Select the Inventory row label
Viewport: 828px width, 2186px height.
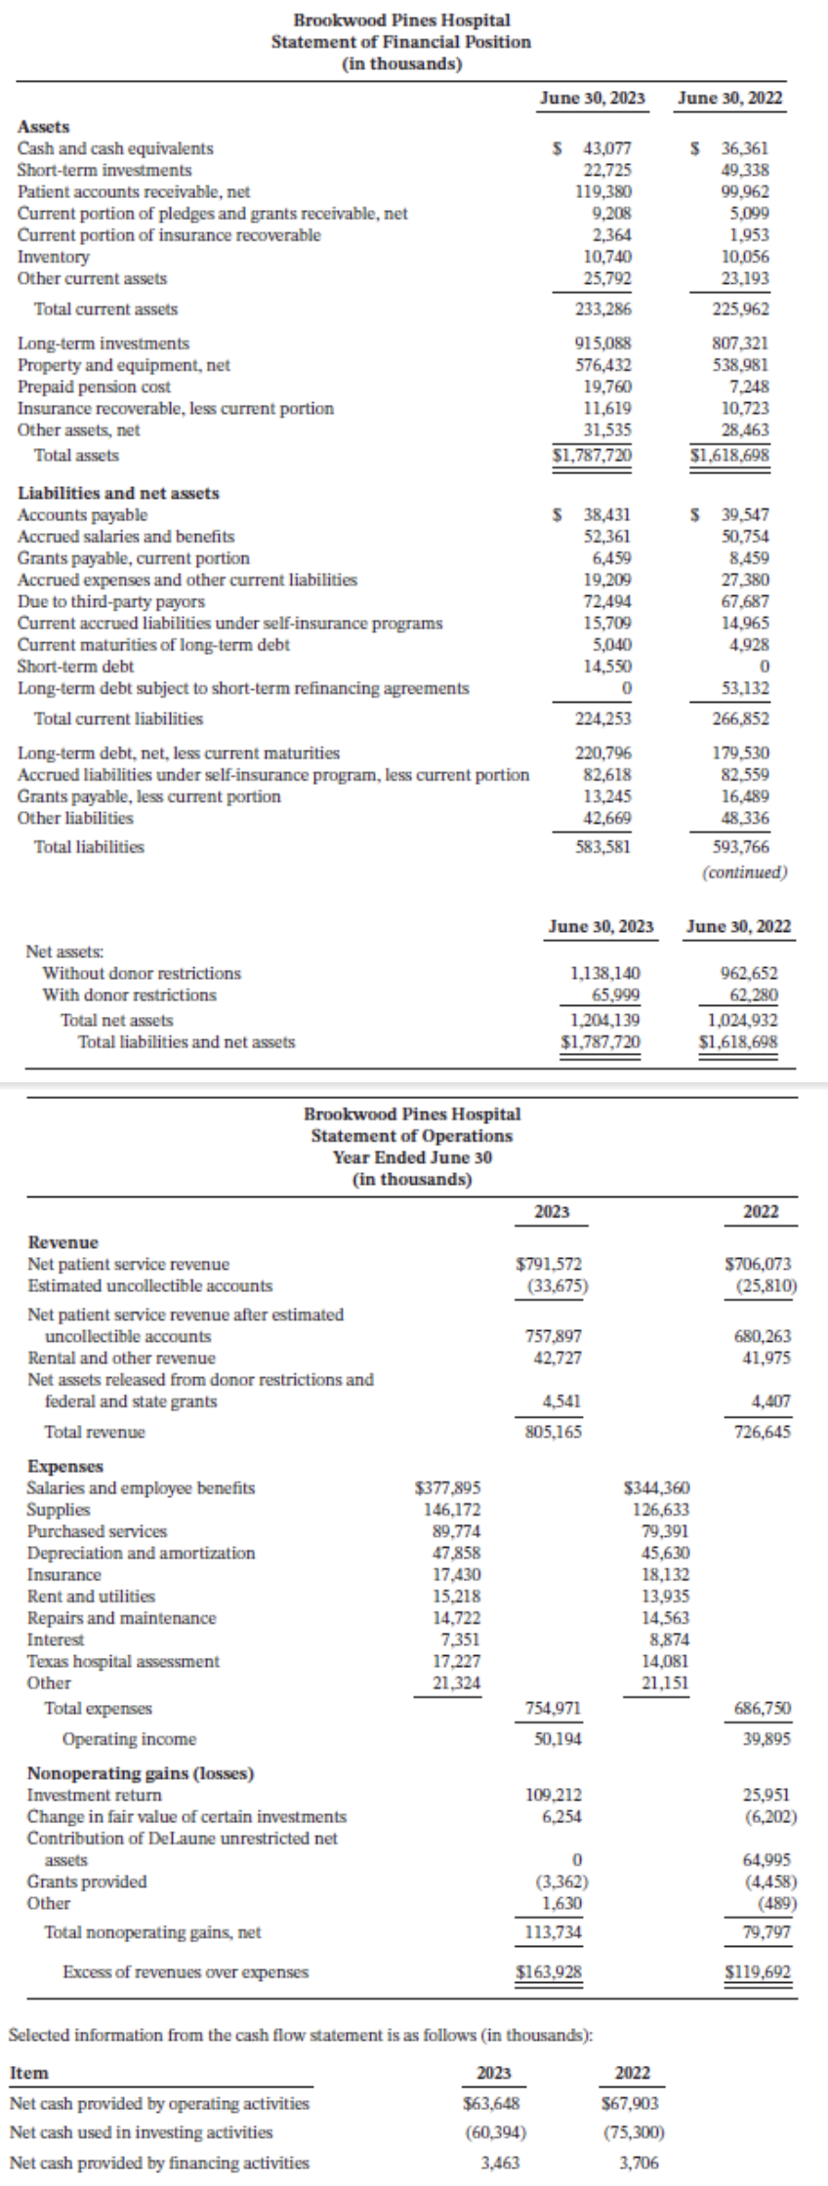point(54,257)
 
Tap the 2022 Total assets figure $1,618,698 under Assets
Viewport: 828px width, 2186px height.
point(729,456)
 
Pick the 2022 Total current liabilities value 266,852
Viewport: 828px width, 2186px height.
point(742,719)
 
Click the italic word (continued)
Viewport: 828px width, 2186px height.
point(745,872)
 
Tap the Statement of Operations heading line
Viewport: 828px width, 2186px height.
point(411,1136)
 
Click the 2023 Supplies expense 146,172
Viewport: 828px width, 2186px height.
point(451,1510)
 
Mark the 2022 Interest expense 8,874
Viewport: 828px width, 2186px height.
point(667,1639)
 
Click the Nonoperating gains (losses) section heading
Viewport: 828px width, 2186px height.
point(141,1772)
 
